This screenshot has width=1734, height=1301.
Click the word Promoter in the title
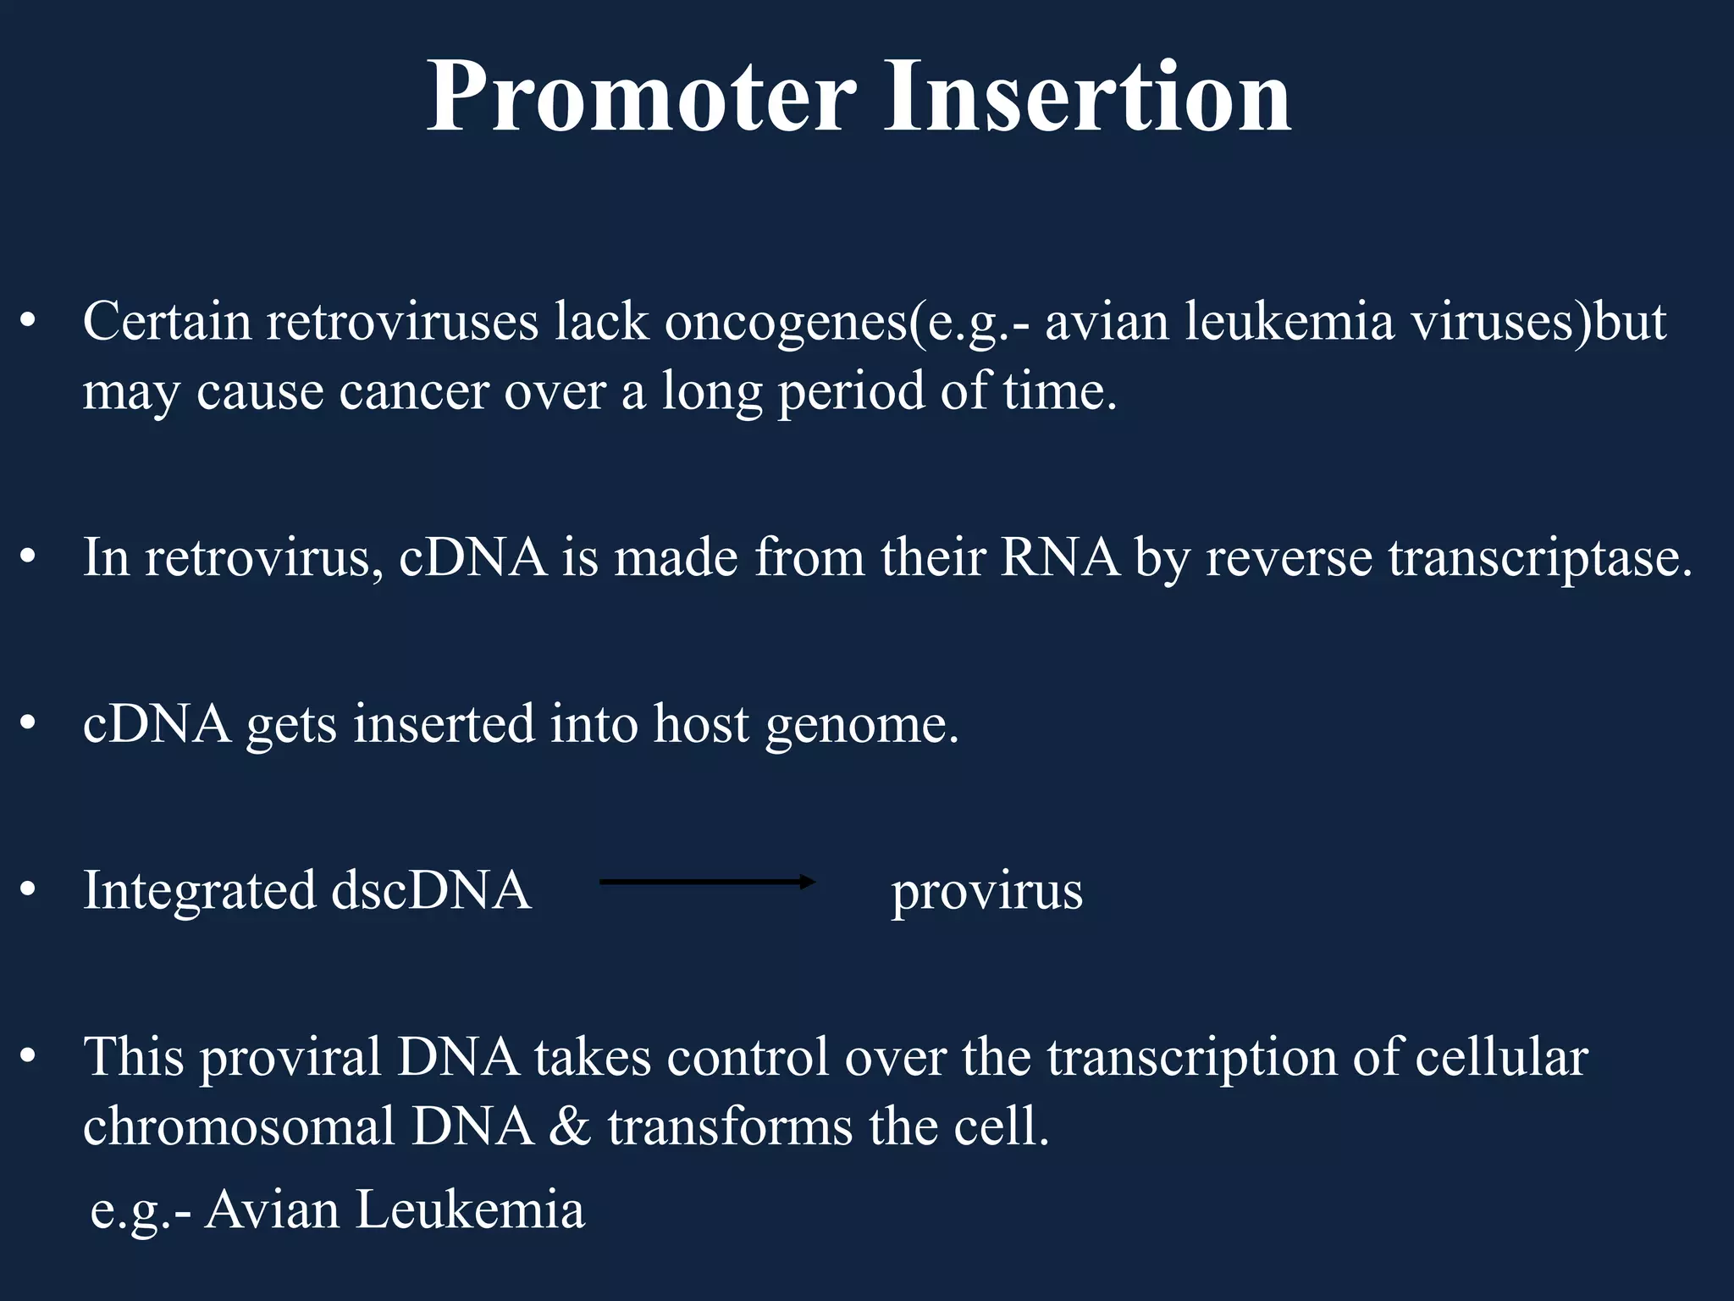click(641, 97)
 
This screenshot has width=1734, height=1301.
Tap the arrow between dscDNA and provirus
click(707, 883)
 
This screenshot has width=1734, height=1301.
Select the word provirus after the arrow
click(986, 892)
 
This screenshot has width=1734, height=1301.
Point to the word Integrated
click(200, 892)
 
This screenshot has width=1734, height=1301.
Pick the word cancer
click(414, 393)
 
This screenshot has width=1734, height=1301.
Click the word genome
click(862, 726)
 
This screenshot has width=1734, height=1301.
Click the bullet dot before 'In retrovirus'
click(29, 559)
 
